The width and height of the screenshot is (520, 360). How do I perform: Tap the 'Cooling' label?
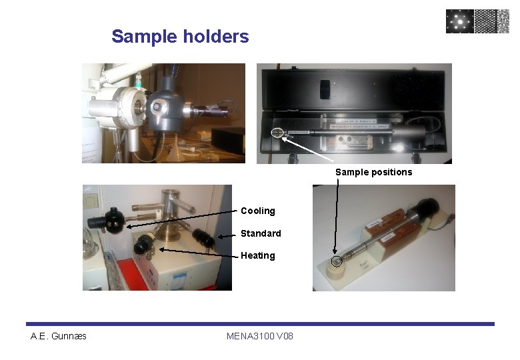point(257,211)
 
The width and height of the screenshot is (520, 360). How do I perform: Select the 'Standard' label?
point(261,233)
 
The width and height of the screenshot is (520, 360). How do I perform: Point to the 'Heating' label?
point(257,255)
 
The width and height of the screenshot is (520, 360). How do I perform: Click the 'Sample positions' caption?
point(373,172)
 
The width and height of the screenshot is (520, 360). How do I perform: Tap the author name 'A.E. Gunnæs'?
point(59,335)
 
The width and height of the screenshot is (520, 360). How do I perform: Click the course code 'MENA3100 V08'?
point(259,335)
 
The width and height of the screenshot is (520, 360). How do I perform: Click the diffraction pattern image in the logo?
point(460,21)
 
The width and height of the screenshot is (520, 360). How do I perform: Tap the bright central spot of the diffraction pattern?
point(460,21)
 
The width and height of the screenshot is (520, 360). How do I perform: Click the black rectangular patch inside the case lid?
point(325,89)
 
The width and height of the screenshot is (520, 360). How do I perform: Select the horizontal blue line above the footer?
point(260,324)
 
